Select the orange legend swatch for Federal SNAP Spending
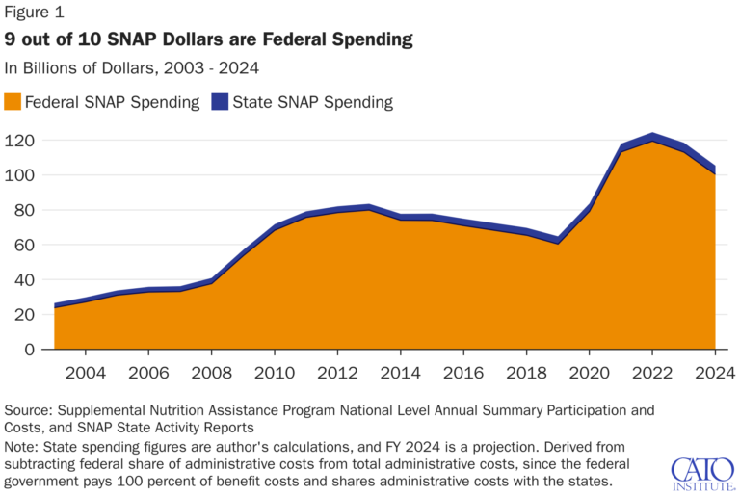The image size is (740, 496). (13, 101)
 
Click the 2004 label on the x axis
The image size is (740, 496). (86, 372)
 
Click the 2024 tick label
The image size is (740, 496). (714, 372)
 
